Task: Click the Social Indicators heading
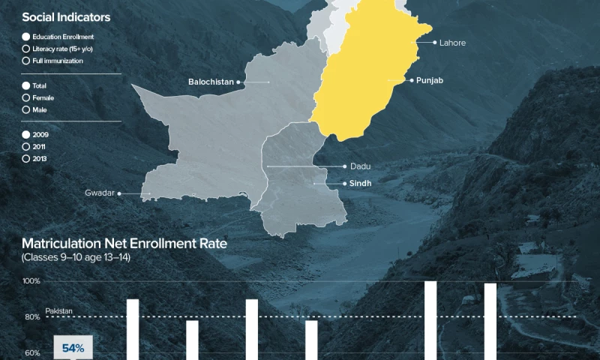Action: coord(66,16)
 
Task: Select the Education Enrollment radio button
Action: coord(26,37)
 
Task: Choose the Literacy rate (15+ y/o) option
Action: coord(26,49)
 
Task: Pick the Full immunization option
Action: coord(26,61)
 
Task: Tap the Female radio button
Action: coord(26,98)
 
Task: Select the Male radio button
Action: coord(26,110)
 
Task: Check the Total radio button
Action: coord(26,86)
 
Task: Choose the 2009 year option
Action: coord(26,134)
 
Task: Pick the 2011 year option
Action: coord(26,146)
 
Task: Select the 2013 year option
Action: coord(26,158)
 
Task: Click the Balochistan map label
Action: coord(211,81)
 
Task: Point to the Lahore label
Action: coord(452,43)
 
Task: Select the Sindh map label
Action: coord(356,183)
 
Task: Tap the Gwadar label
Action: coord(99,193)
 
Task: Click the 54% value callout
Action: coord(73,348)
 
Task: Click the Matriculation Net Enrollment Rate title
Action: coord(124,244)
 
